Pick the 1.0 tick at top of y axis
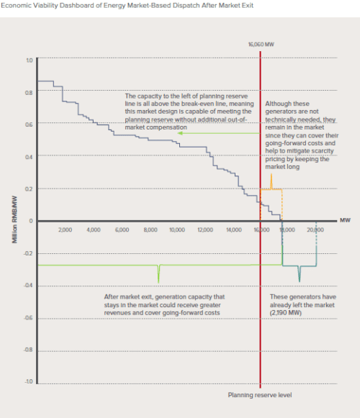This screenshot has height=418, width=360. (x=30, y=60)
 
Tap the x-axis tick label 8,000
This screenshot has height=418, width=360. (x=150, y=230)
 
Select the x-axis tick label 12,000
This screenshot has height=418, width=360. (x=204, y=230)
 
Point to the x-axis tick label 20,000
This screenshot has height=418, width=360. (x=315, y=230)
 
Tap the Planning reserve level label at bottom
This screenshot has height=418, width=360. (x=260, y=395)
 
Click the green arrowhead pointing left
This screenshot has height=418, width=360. (x=181, y=133)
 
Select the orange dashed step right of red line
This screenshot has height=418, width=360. (x=272, y=189)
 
